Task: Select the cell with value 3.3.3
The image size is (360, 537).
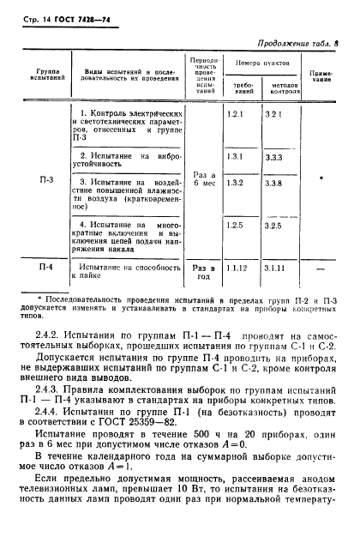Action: click(274, 158)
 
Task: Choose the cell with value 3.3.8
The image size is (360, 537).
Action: click(274, 184)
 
